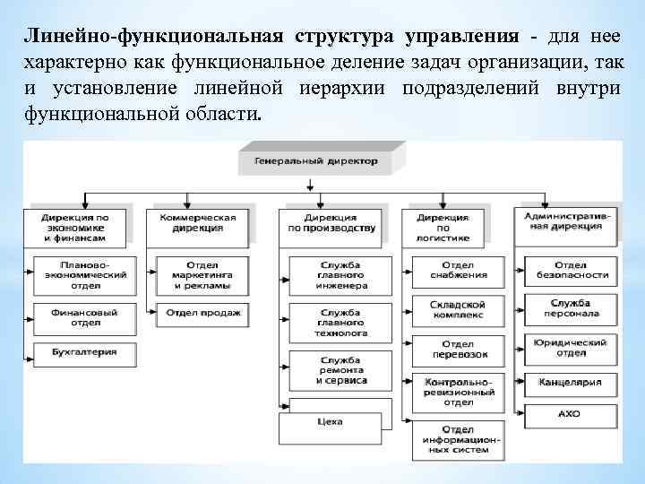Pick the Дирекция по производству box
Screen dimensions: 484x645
(x=331, y=223)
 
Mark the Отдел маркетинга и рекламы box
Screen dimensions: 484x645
(x=202, y=274)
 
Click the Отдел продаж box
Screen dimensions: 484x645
(x=202, y=314)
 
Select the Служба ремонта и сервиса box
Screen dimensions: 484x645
(x=340, y=369)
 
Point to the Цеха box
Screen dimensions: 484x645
(x=340, y=420)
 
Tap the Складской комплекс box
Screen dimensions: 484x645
(x=457, y=310)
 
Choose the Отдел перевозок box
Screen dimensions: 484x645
(x=457, y=349)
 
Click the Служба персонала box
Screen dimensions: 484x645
(x=571, y=309)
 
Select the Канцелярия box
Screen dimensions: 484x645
(x=571, y=383)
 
